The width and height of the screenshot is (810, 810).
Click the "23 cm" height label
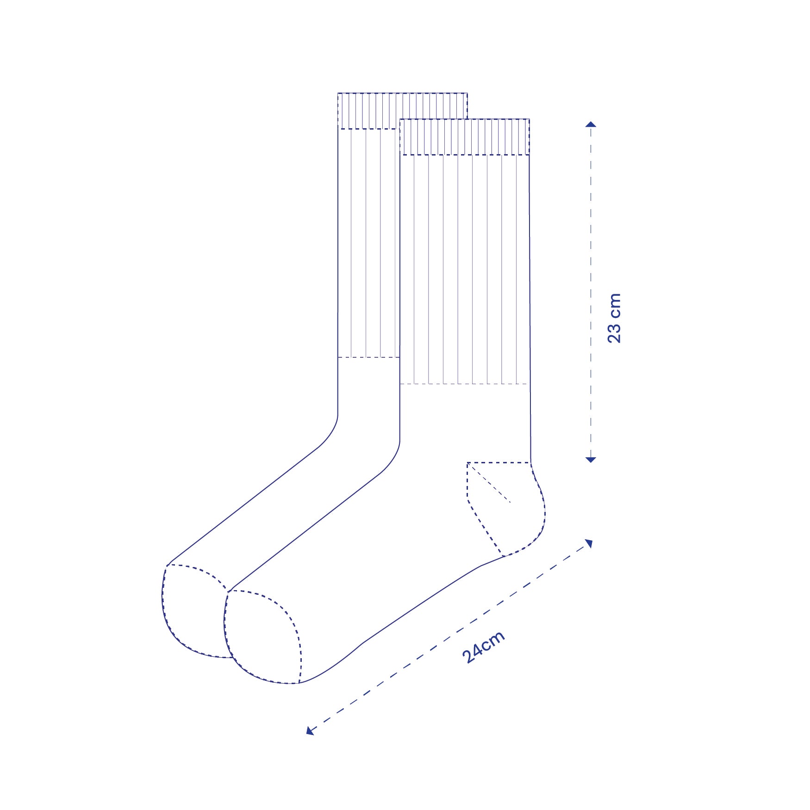[614, 318]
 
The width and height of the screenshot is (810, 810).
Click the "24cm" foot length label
[483, 647]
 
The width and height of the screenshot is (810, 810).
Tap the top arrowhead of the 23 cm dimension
[591, 124]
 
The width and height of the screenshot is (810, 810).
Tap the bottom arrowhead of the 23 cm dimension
[591, 459]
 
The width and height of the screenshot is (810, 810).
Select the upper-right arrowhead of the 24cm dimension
[589, 543]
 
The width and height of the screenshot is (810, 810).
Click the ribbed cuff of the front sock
[464, 137]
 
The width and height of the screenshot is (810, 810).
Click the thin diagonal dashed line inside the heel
[489, 483]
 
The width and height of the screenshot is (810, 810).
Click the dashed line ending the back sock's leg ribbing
[368, 357]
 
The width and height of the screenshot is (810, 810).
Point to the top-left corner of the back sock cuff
[338, 93]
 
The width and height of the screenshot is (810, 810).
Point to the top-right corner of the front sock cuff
[529, 119]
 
